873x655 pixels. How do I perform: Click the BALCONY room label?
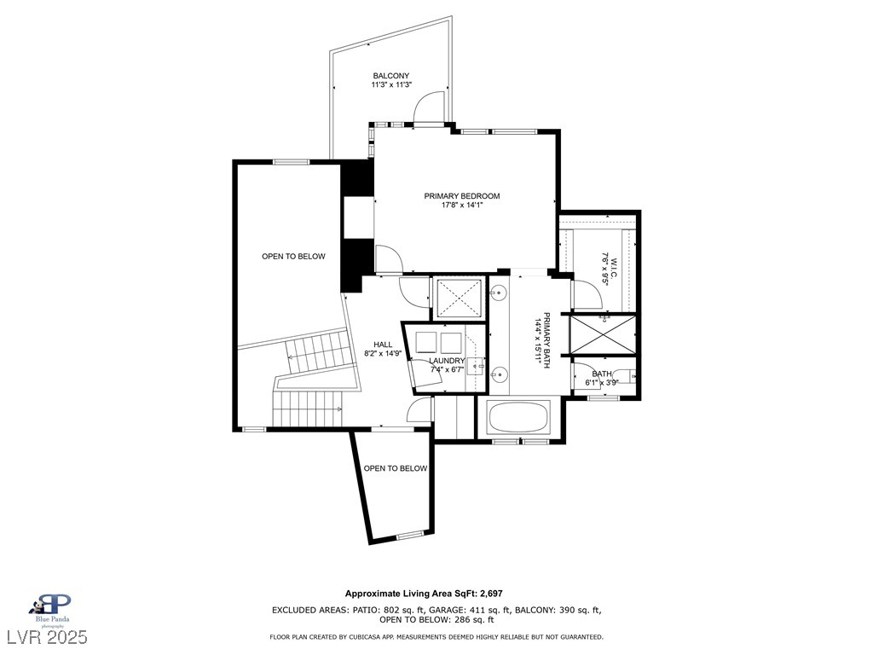tap(390, 76)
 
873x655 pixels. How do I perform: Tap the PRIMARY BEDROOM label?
tap(461, 196)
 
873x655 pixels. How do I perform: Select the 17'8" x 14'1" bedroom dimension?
tap(461, 205)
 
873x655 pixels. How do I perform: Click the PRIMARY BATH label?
tap(546, 340)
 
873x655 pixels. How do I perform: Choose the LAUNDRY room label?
tap(447, 361)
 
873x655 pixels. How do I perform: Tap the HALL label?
tap(383, 345)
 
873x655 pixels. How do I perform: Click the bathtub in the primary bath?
tap(517, 417)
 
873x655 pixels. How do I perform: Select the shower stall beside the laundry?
tap(459, 298)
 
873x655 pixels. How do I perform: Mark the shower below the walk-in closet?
tap(603, 334)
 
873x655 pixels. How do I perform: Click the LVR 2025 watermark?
tap(47, 636)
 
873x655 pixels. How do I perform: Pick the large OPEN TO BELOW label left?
tap(293, 256)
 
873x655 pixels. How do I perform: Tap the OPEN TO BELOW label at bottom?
tap(396, 468)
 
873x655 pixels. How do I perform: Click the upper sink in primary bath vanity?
tap(498, 291)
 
